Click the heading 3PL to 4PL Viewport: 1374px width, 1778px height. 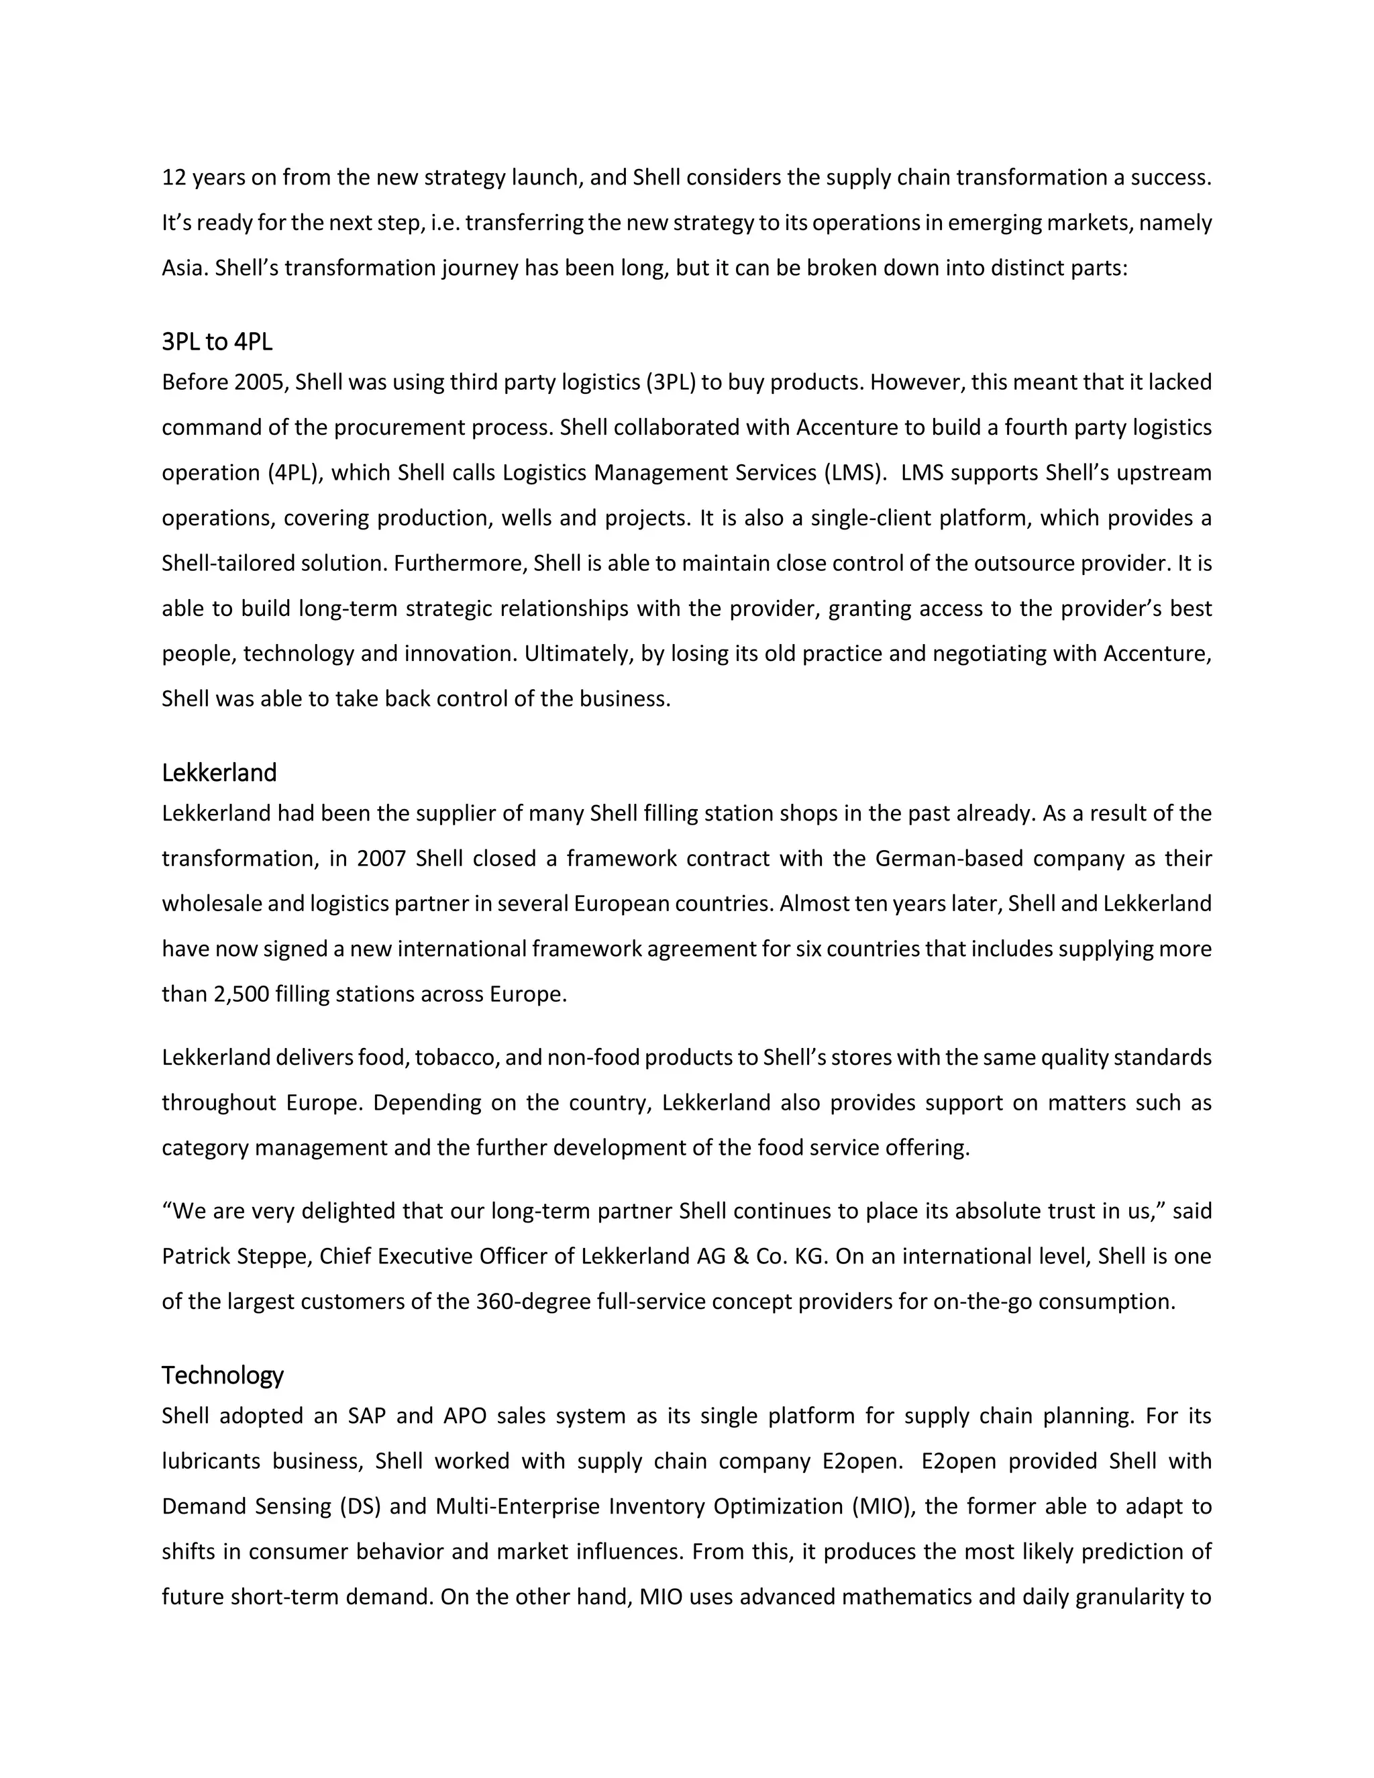click(x=217, y=343)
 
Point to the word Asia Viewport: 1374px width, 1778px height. click(x=182, y=268)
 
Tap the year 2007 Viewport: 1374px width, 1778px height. click(x=381, y=859)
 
